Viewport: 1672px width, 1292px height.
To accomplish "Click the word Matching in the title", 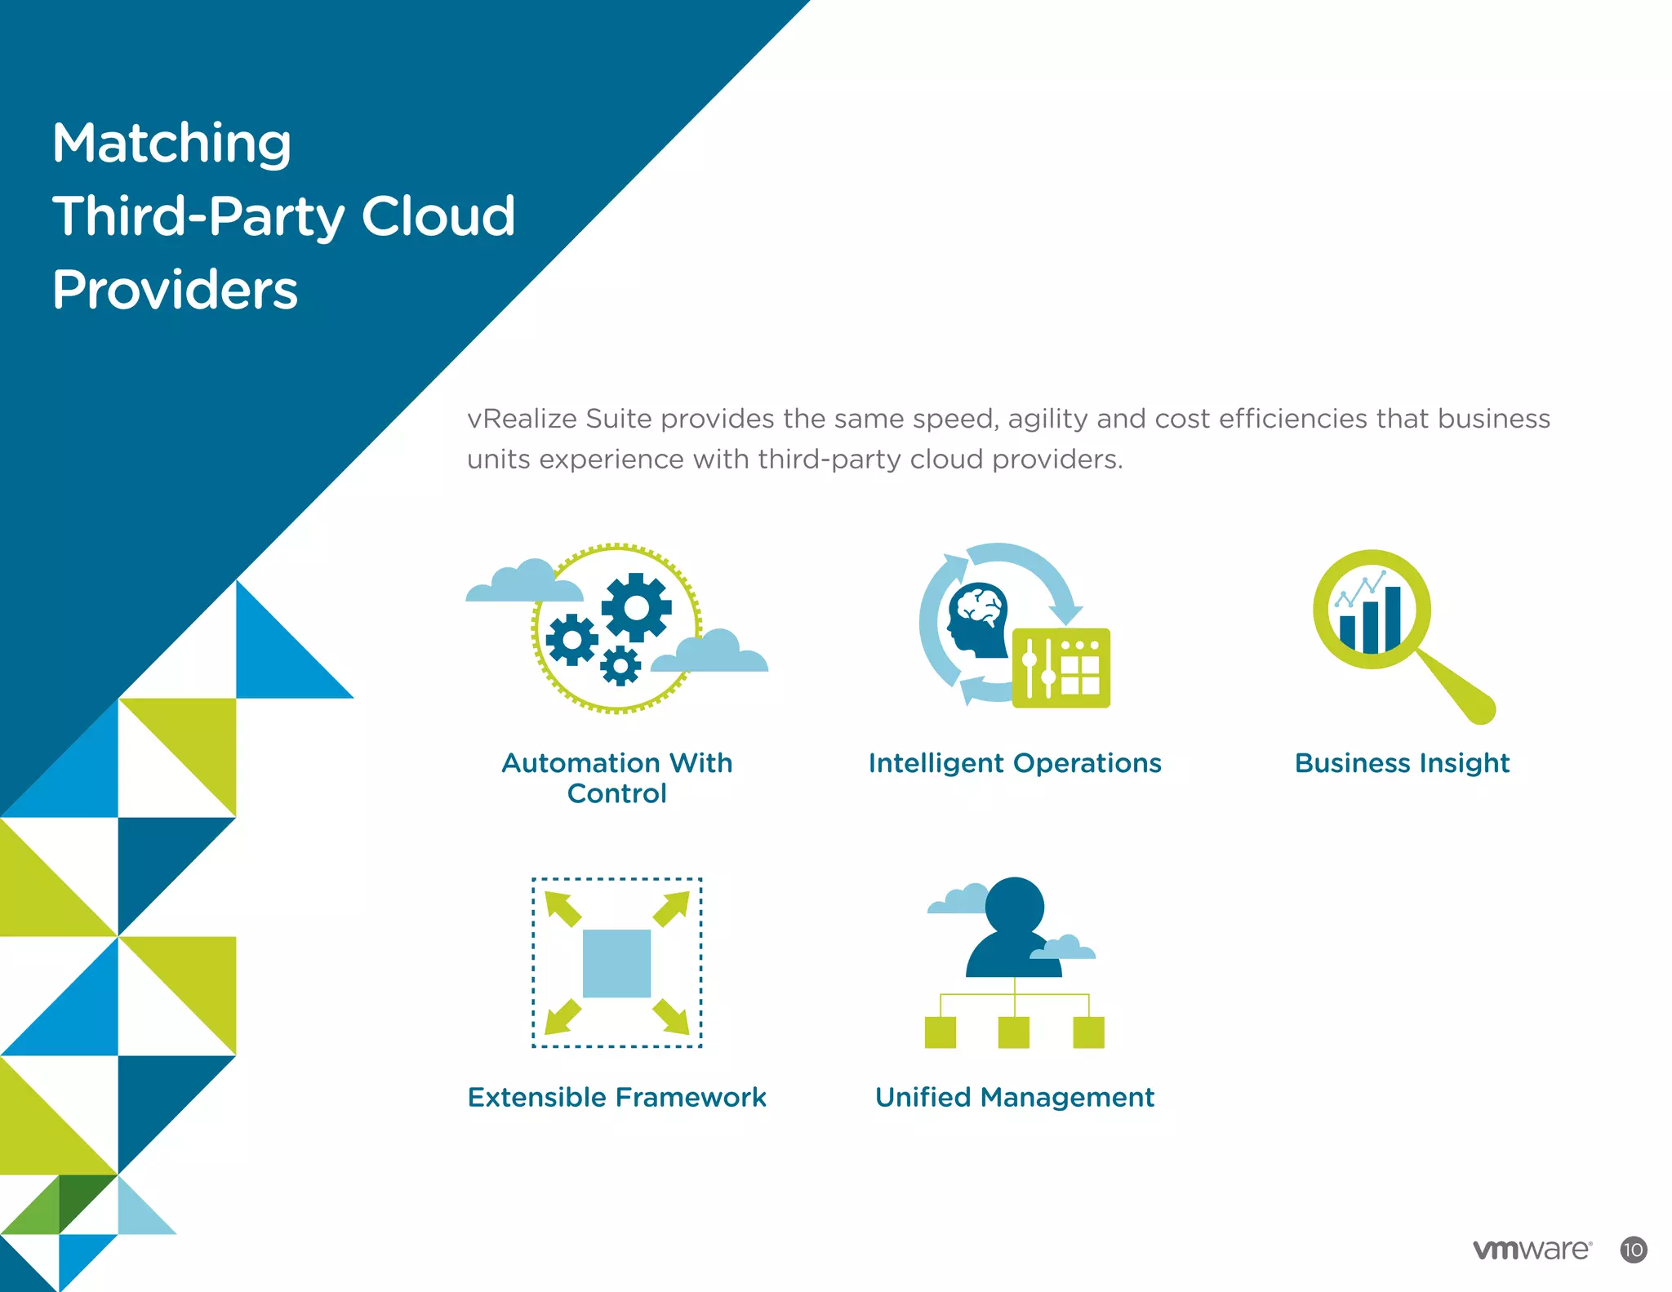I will pyautogui.click(x=171, y=144).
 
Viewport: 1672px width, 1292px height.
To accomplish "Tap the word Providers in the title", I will pyautogui.click(x=175, y=290).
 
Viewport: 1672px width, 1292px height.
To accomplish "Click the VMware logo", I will pyautogui.click(x=1532, y=1250).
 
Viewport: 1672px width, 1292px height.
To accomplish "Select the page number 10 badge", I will pyautogui.click(x=1633, y=1250).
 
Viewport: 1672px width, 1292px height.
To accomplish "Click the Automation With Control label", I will pyautogui.click(x=616, y=777).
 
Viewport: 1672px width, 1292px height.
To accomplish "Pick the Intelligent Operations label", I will pyautogui.click(x=1014, y=763).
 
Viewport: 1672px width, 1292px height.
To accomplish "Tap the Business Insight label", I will pyautogui.click(x=1402, y=763).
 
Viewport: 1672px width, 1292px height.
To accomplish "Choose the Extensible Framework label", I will pyautogui.click(x=616, y=1097).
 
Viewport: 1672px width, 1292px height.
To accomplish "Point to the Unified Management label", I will pyautogui.click(x=1014, y=1097).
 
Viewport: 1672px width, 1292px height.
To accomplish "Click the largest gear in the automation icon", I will pyautogui.click(x=636, y=607).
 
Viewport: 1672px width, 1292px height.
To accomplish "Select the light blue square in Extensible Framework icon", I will pyautogui.click(x=616, y=963).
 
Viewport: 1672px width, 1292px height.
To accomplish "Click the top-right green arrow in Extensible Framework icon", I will pyautogui.click(x=672, y=908).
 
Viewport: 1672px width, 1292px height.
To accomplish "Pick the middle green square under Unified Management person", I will pyautogui.click(x=1014, y=1032).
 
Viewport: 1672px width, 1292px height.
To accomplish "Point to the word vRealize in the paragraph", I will pyautogui.click(x=518, y=419).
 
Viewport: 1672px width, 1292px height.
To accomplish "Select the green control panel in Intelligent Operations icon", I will pyautogui.click(x=1061, y=668).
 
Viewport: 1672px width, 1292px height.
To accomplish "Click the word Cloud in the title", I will pyautogui.click(x=438, y=217).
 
